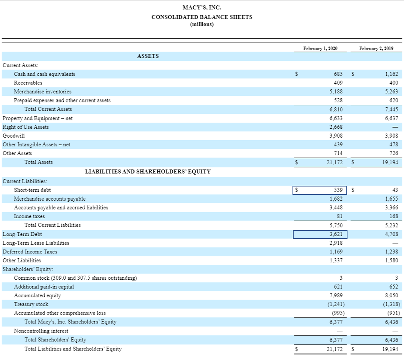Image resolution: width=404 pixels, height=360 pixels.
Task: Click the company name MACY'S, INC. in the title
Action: (202, 7)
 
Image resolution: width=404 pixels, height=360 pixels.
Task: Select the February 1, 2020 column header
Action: (320, 49)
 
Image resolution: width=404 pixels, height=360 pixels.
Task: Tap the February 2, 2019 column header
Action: (376, 49)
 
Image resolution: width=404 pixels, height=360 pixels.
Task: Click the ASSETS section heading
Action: (148, 56)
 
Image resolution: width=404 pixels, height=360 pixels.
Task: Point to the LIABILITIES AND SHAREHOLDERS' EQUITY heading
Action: (147, 172)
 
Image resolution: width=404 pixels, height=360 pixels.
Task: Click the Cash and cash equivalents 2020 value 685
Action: (338, 74)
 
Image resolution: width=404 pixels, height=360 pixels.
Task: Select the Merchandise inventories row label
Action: (42, 92)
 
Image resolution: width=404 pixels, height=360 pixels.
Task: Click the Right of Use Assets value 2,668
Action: (336, 127)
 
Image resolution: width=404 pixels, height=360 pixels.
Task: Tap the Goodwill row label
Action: (14, 136)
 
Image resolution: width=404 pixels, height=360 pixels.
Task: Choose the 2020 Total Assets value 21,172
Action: (335, 162)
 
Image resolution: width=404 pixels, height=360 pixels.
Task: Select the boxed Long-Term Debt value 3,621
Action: (336, 234)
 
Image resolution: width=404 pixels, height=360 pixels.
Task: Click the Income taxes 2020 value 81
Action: (339, 216)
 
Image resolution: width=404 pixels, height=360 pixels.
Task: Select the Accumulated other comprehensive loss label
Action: (60, 313)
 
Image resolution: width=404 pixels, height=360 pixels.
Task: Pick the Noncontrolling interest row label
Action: (41, 331)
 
